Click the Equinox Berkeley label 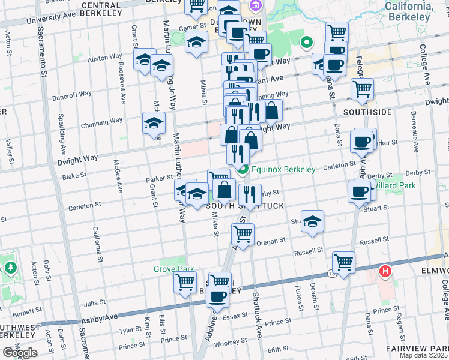(283, 169)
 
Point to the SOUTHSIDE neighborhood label (367, 112)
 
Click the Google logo (20, 353)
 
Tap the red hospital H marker (385, 271)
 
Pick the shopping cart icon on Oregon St (243, 234)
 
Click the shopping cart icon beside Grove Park (185, 282)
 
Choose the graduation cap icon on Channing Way (154, 123)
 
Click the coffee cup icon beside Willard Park (359, 191)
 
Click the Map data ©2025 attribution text (424, 355)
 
